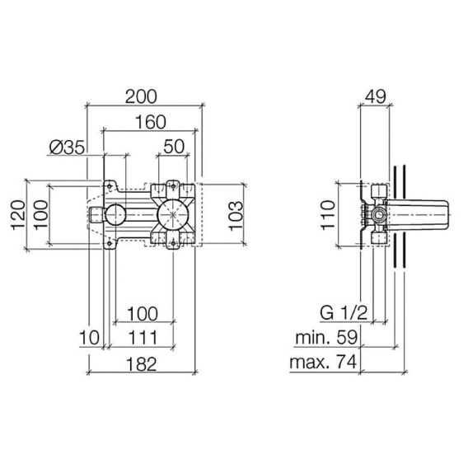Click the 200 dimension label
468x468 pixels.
(141, 96)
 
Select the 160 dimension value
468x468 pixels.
(151, 122)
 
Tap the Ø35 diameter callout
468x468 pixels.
(68, 147)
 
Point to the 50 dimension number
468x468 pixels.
(174, 147)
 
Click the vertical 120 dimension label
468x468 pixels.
(18, 214)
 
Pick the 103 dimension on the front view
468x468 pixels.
(236, 215)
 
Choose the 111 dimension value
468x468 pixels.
(143, 338)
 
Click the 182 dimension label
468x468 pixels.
(141, 364)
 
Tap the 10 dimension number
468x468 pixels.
(89, 338)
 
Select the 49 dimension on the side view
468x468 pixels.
(376, 96)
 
